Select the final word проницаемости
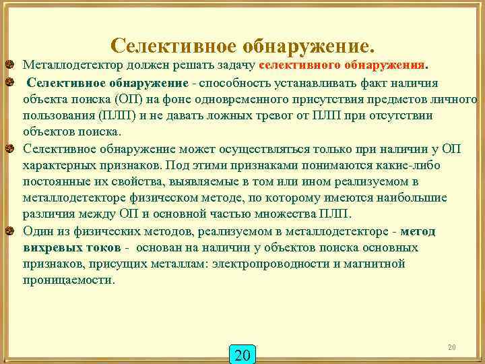69,280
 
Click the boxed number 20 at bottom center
244,354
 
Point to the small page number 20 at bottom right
452,346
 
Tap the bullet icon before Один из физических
9,232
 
